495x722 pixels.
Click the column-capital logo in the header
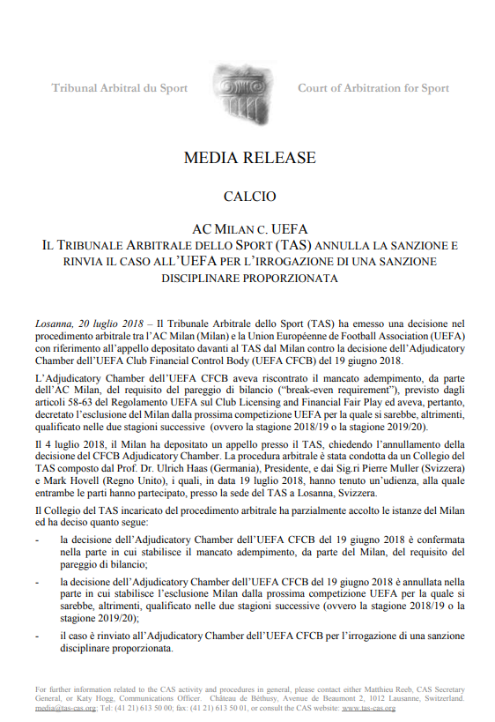248,89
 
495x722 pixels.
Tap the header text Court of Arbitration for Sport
373,88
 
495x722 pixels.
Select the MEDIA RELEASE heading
249,159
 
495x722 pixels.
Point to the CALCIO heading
249,197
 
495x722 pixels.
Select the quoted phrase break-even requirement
379,390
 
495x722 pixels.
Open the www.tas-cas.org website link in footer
368,707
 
